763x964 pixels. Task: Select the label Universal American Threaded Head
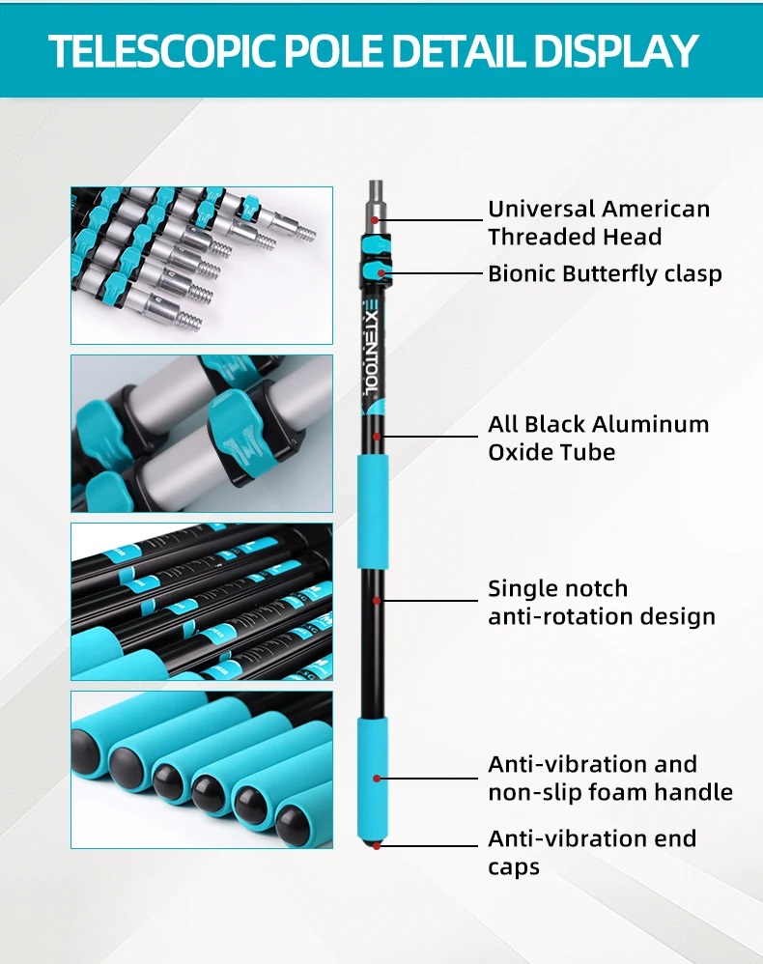tap(598, 223)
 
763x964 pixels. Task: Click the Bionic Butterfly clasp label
tap(604, 273)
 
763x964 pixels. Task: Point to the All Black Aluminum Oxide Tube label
tap(598, 438)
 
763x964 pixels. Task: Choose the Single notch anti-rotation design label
tap(601, 603)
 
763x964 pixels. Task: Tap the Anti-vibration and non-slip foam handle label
tap(609, 779)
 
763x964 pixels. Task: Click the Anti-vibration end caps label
tap(591, 852)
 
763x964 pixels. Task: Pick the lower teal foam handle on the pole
tap(375, 778)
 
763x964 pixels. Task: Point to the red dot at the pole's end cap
tap(376, 845)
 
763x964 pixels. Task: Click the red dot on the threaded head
tap(376, 219)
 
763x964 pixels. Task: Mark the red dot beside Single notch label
tap(376, 600)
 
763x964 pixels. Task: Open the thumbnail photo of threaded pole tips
tap(201, 266)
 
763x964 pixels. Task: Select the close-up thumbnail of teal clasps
tap(201, 434)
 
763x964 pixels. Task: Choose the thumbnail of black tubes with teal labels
tap(201, 602)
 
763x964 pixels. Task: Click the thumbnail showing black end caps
tap(201, 770)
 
